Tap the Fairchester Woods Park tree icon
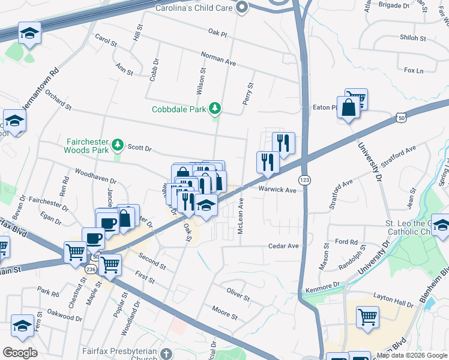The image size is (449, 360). [x=119, y=144]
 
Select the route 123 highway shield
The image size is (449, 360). [x=304, y=180]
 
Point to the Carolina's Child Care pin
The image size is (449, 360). [x=242, y=7]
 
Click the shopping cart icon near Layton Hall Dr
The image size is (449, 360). [x=367, y=316]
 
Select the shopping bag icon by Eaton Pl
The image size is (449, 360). [x=348, y=109]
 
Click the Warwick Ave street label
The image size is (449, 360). [x=277, y=190]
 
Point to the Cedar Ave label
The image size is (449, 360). [x=283, y=246]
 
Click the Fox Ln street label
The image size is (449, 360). [x=414, y=71]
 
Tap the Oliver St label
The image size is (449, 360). [x=238, y=294]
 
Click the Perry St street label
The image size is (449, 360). [x=248, y=94]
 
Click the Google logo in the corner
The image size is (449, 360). [x=20, y=353]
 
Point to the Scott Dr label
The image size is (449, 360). [x=140, y=147]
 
